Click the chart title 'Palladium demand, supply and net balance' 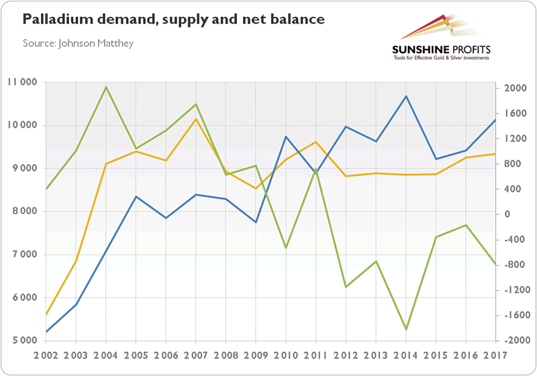(174, 19)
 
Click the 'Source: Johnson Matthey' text (79, 44)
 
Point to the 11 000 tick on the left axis (24, 83)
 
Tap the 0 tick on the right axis (506, 214)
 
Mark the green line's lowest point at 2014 (405, 330)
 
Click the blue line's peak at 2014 (405, 96)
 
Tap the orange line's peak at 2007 (195, 119)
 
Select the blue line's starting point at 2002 (46, 332)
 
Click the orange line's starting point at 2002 (46, 314)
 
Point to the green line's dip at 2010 (285, 248)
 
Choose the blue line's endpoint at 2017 (495, 120)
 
